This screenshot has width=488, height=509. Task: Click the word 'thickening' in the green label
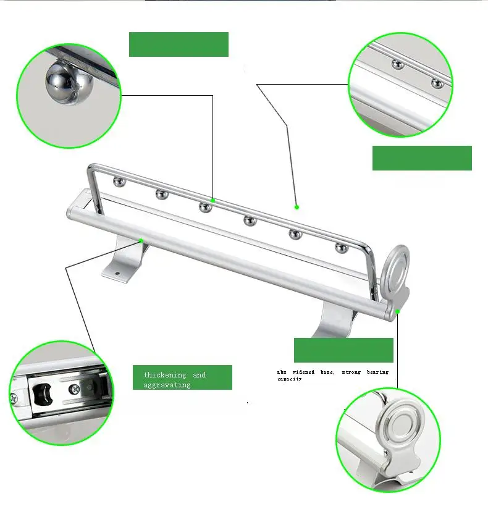click(x=165, y=375)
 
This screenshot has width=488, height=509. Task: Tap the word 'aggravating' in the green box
click(x=167, y=385)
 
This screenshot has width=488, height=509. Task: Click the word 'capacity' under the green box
click(x=289, y=379)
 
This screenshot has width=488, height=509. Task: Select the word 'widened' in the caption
click(x=303, y=372)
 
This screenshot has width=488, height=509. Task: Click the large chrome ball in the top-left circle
click(x=69, y=84)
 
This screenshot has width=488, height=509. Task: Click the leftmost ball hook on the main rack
click(x=119, y=182)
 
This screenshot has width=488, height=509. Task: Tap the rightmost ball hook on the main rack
click(x=342, y=248)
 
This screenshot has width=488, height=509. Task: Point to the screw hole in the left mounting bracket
click(x=117, y=274)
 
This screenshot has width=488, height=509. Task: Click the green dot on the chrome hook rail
click(x=212, y=201)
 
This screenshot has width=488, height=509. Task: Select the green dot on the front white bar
click(x=141, y=240)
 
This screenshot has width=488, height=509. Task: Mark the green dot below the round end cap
click(x=397, y=311)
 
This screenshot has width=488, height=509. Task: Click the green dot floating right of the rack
click(x=297, y=207)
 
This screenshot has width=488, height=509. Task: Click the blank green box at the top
click(x=179, y=44)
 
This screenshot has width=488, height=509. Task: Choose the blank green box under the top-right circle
click(x=422, y=158)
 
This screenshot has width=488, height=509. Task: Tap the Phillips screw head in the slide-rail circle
click(x=75, y=389)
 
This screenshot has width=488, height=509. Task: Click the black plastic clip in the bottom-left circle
click(x=43, y=393)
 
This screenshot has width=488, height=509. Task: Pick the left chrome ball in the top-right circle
click(x=397, y=64)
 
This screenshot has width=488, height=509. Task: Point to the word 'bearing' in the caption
click(x=377, y=372)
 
